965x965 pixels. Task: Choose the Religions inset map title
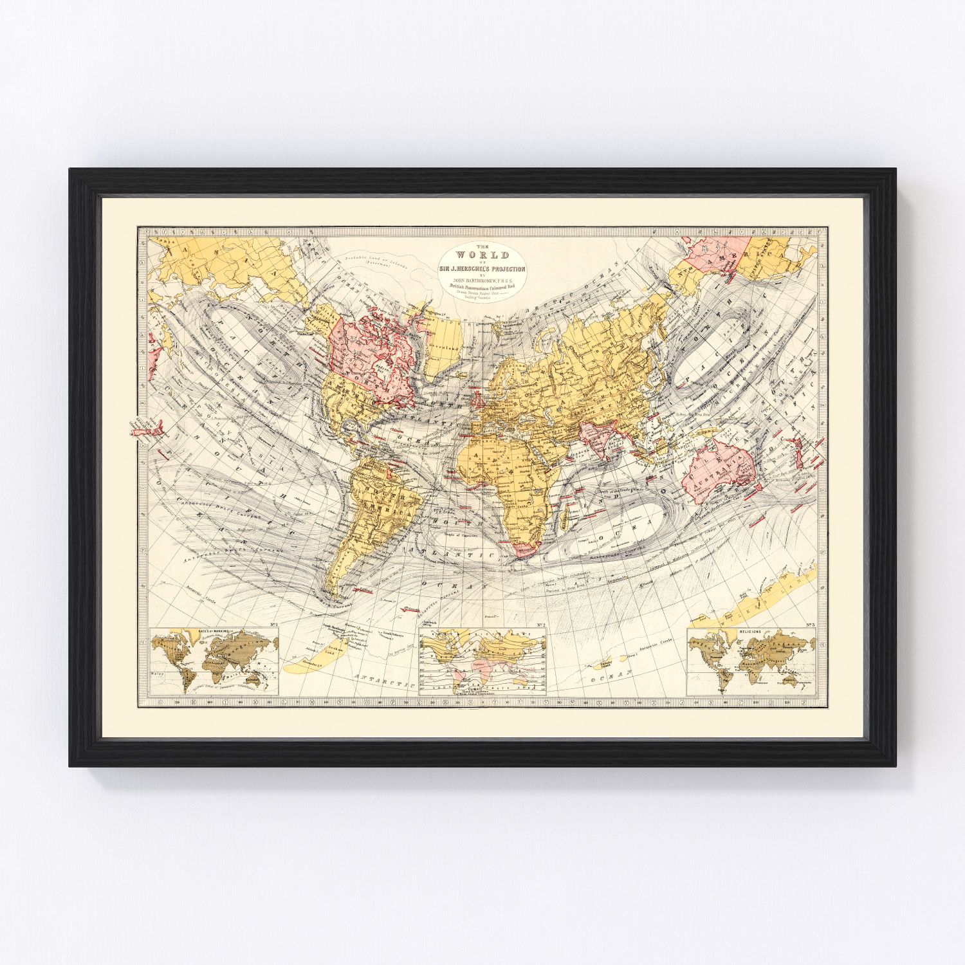click(x=750, y=632)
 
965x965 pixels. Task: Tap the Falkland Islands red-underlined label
click(x=367, y=589)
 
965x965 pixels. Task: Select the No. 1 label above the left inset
click(x=273, y=625)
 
